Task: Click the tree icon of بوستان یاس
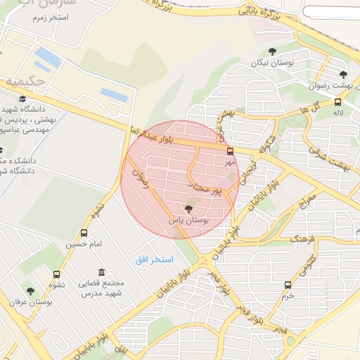tap(188, 208)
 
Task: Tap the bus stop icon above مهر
tap(230, 151)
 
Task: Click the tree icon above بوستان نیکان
tap(272, 51)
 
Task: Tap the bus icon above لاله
tap(338, 101)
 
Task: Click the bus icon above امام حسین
tap(84, 233)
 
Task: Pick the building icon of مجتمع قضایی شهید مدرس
tap(102, 272)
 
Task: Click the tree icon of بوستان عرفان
tap(30, 290)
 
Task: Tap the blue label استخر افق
tap(155, 259)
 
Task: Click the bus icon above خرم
tap(288, 285)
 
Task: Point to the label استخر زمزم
tap(49, 15)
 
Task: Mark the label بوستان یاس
tap(188, 220)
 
